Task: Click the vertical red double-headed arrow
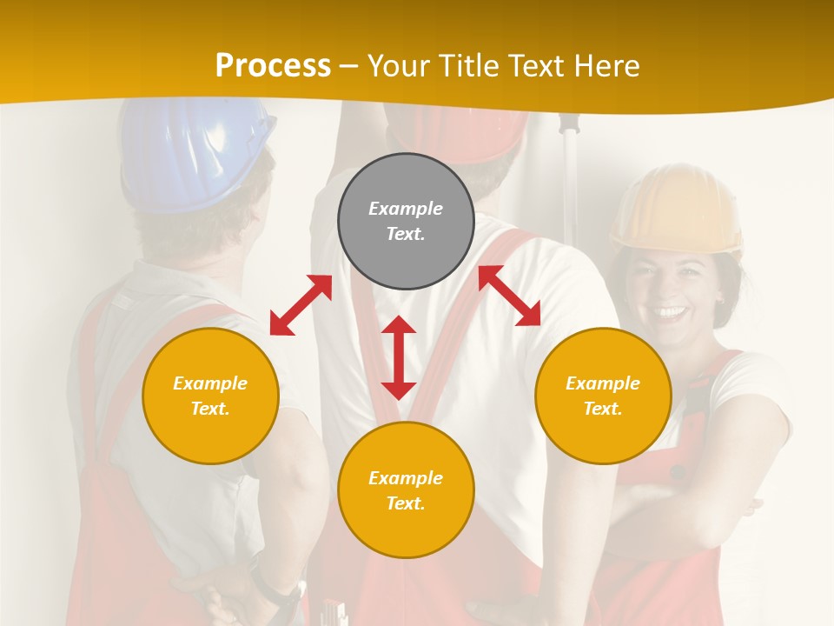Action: tap(399, 357)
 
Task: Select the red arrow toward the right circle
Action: tap(510, 296)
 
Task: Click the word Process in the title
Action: tap(273, 65)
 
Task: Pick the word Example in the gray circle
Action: tap(406, 209)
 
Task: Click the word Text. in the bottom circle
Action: tap(406, 503)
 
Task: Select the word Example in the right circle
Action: tap(603, 383)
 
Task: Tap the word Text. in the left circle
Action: tap(210, 409)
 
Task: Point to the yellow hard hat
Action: tap(677, 209)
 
